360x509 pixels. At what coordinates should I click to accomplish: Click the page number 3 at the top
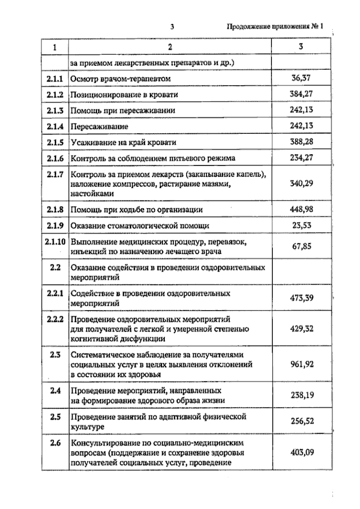pyautogui.click(x=172, y=27)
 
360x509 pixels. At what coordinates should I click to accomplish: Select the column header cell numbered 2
pyautogui.click(x=170, y=47)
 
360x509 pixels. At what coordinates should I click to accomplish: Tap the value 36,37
pyautogui.click(x=301, y=78)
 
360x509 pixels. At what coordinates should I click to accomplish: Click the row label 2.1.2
pyautogui.click(x=55, y=95)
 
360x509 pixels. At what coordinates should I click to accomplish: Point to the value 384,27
pyautogui.click(x=301, y=94)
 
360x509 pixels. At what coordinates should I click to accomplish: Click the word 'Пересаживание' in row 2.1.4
pyautogui.click(x=99, y=127)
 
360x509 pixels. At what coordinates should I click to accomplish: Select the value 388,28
pyautogui.click(x=301, y=141)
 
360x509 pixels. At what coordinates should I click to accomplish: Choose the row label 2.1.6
pyautogui.click(x=55, y=158)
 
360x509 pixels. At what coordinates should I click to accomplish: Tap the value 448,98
pyautogui.click(x=301, y=209)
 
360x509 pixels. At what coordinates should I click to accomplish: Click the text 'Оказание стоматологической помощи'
pyautogui.click(x=140, y=226)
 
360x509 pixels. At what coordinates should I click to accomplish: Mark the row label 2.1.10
pyautogui.click(x=55, y=242)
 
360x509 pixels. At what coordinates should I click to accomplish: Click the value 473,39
pyautogui.click(x=301, y=298)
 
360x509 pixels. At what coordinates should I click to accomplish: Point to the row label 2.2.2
pyautogui.click(x=55, y=319)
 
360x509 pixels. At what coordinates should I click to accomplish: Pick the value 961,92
pyautogui.click(x=302, y=364)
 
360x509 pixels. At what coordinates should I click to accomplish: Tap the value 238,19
pyautogui.click(x=302, y=395)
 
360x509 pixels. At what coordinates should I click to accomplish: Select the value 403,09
pyautogui.click(x=302, y=452)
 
